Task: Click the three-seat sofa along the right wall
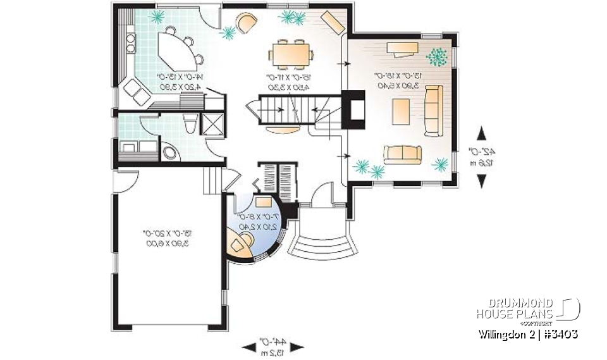[434, 111]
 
